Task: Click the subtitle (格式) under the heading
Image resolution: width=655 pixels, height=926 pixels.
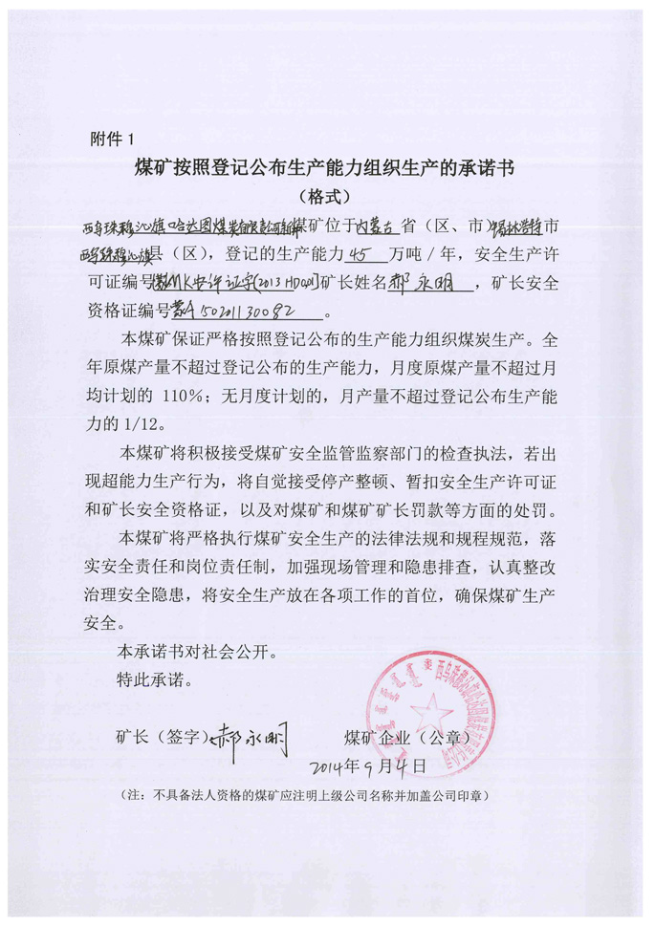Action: [x=326, y=197]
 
